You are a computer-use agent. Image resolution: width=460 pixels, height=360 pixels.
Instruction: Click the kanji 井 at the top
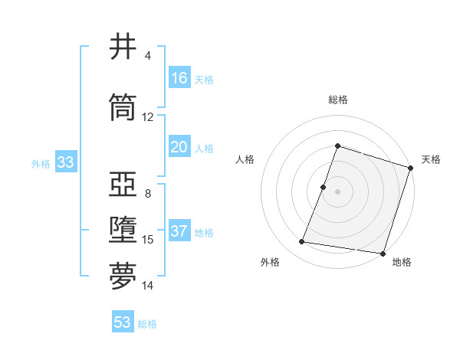123,47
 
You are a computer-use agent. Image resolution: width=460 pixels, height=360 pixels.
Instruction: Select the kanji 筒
123,108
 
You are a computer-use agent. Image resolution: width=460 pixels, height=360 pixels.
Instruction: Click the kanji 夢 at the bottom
123,277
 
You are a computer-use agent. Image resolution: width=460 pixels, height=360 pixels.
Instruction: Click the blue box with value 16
179,78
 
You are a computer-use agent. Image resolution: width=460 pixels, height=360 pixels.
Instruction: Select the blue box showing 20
179,147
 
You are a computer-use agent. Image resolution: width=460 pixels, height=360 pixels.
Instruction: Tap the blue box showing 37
179,231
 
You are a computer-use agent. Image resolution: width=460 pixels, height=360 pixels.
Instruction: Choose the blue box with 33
65,162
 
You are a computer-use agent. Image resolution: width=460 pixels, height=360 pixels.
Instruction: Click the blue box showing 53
123,322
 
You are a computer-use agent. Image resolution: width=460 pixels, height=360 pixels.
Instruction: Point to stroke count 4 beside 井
148,56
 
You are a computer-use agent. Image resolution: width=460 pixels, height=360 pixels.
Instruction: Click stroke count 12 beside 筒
148,117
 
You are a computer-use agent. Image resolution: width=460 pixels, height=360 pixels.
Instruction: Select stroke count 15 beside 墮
148,240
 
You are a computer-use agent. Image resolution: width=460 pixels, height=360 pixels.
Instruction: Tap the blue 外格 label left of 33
41,163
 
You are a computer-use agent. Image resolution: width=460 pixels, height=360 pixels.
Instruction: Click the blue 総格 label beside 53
147,324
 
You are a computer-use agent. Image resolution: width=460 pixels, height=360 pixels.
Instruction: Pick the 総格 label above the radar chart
337,100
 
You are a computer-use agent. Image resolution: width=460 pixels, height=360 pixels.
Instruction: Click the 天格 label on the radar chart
431,159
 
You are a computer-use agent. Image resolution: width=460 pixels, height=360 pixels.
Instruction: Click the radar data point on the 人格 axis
324,187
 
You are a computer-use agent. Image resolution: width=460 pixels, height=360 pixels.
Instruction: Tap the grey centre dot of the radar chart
337,191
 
